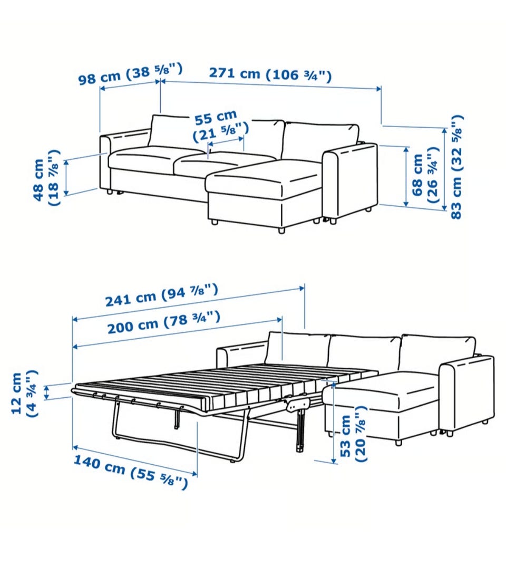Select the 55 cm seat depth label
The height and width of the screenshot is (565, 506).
[x=220, y=126]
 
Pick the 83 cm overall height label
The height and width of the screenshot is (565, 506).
[x=456, y=167]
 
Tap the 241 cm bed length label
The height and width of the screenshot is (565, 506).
[x=162, y=295]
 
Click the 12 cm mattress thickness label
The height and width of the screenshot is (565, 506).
[x=24, y=393]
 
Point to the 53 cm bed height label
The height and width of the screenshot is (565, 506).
[x=353, y=434]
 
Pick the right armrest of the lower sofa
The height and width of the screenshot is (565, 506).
[x=467, y=394]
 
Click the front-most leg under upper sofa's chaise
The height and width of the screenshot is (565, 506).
[x=281, y=229]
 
